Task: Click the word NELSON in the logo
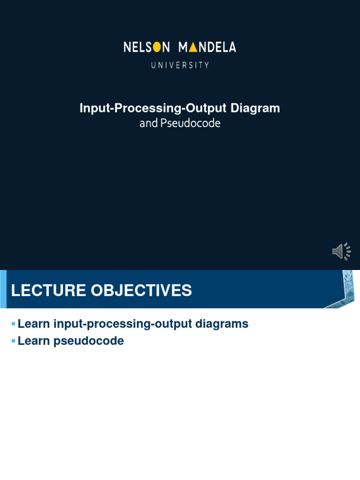coord(147,47)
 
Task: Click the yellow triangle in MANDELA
coord(193,47)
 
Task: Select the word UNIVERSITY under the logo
coord(180,66)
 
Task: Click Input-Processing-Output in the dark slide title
coord(153,108)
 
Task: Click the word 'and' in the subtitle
coord(149,124)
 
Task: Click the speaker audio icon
coord(341,252)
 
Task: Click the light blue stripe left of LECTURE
coord(3,289)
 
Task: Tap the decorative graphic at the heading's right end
coord(341,289)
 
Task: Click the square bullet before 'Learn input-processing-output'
coord(14,324)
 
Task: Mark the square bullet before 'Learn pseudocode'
coord(14,341)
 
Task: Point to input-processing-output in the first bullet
coord(122,324)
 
